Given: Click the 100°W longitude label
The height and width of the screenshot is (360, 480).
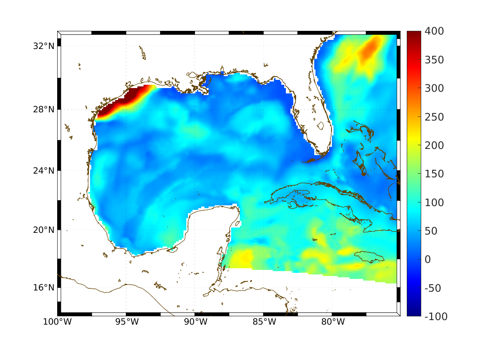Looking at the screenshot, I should point(57,322).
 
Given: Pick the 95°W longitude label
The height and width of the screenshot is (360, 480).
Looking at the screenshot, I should point(126,322).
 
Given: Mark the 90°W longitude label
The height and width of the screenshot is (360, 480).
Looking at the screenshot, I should point(195,322).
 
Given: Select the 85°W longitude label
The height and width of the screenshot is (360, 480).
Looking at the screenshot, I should point(264,322).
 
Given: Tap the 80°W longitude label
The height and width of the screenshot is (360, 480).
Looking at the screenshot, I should point(332,322).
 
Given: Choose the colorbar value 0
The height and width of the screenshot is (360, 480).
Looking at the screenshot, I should point(429,259).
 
